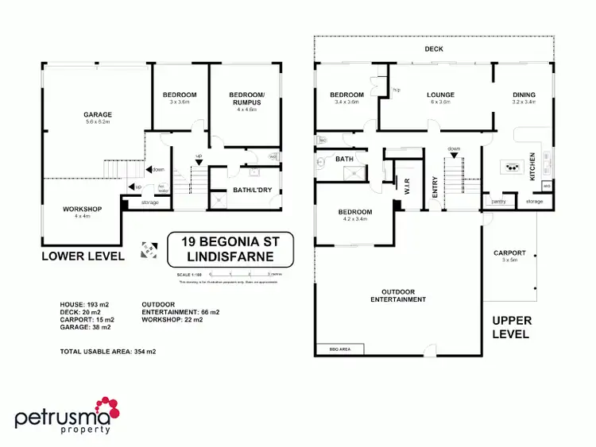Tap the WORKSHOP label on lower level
pos(79,210)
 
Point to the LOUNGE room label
pos(439,95)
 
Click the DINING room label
pos(523,95)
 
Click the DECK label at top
pos(433,49)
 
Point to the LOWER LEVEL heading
pos(83,256)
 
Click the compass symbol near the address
pos(145,249)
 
